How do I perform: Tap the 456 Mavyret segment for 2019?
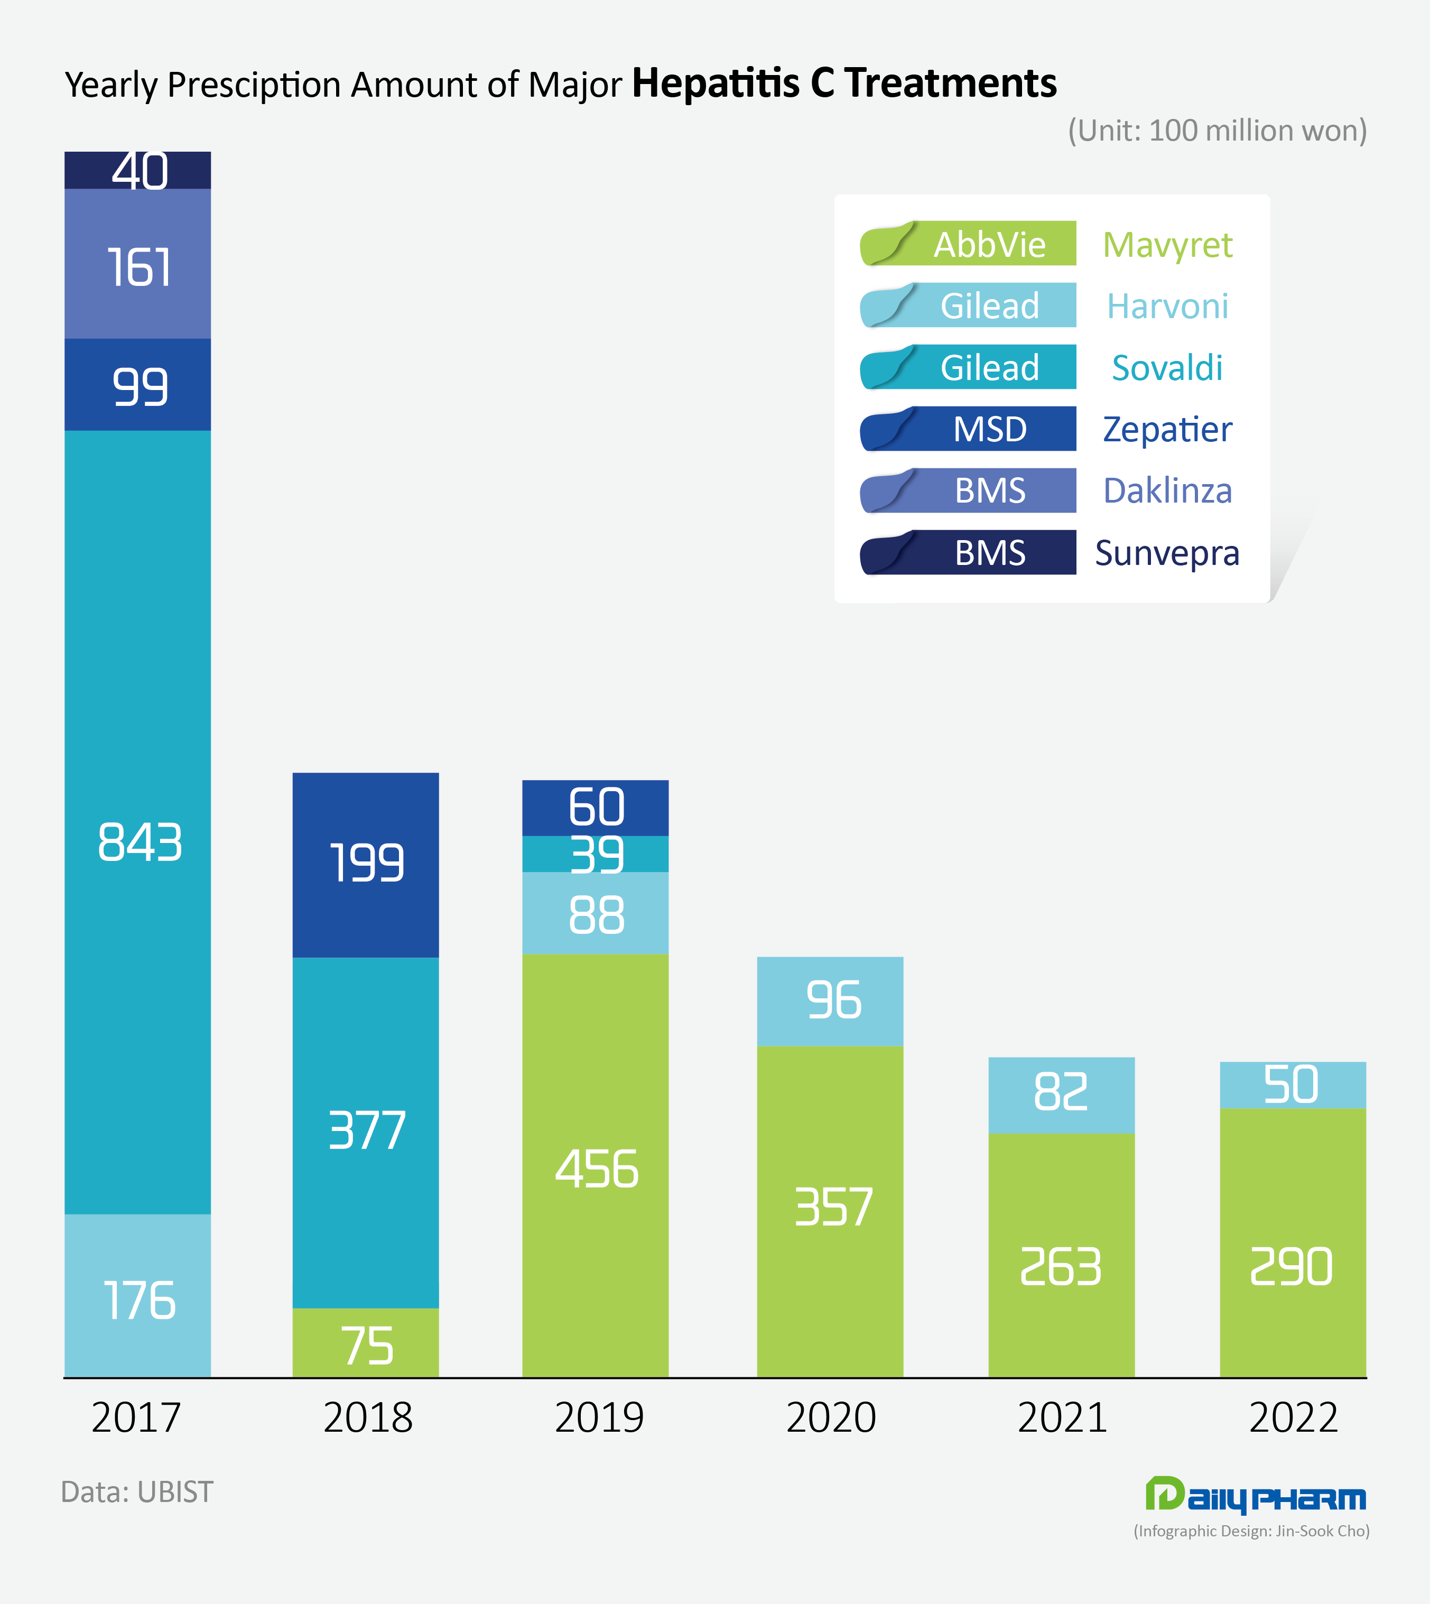tap(596, 1167)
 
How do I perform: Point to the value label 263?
tap(1061, 1267)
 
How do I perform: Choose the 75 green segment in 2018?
tap(365, 1345)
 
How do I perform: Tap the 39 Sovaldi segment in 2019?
tap(596, 854)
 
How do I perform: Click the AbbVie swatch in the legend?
tap(968, 244)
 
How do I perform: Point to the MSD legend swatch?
tap(968, 429)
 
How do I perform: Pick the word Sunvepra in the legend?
tap(1167, 553)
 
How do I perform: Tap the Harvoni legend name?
tap(1167, 305)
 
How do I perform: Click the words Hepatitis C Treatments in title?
tap(844, 84)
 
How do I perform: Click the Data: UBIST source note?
tap(137, 1491)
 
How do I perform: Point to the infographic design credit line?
tap(1251, 1531)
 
